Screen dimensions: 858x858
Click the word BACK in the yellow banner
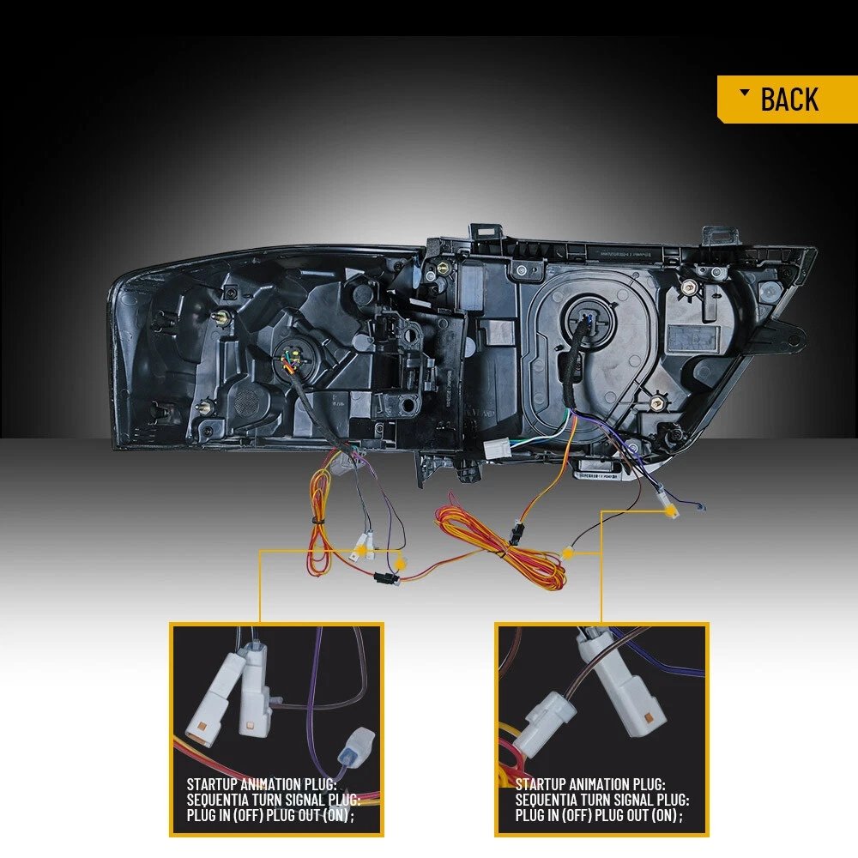coord(789,100)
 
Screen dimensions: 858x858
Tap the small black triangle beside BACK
coord(745,93)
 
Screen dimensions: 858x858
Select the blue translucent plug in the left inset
coord(355,746)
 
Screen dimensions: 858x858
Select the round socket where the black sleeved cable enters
coord(588,321)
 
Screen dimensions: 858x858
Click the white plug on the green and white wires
coord(497,450)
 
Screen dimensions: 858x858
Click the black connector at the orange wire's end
coord(516,533)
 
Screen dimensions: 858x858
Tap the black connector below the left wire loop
coord(386,577)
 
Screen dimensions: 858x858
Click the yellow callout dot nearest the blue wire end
coord(670,511)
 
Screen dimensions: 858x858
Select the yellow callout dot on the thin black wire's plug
coord(568,553)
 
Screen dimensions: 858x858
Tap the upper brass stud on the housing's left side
coord(224,317)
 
